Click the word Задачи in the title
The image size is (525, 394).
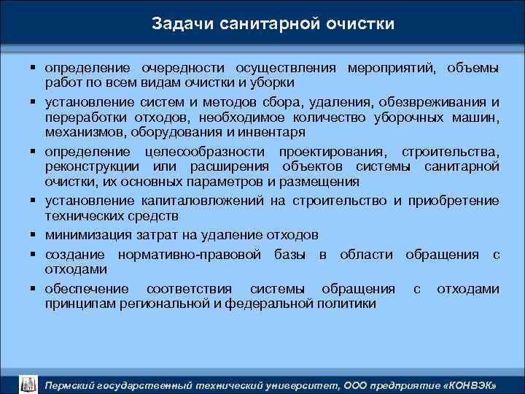pyautogui.click(x=179, y=24)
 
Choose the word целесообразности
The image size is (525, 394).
pyautogui.click(x=209, y=150)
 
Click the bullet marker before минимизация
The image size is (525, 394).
pyautogui.click(x=34, y=235)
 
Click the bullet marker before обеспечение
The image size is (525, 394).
pyautogui.click(x=34, y=288)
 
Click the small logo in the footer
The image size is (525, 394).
pyautogui.click(x=27, y=383)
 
